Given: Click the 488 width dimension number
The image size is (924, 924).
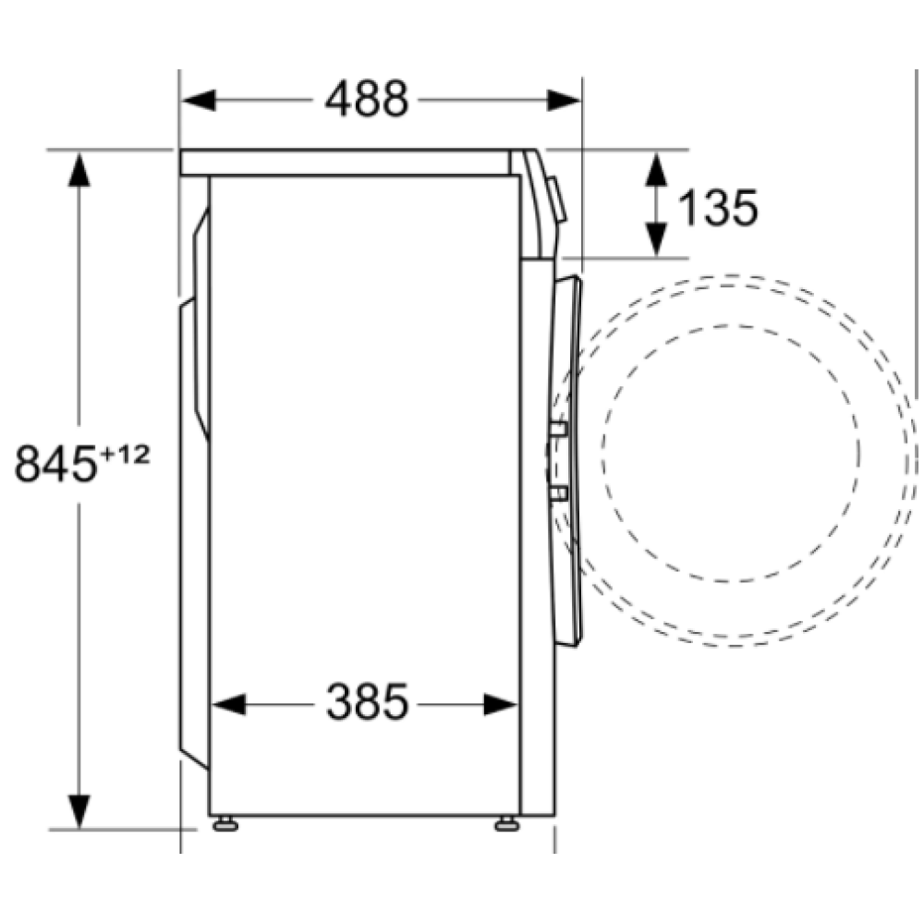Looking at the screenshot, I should click(x=366, y=99).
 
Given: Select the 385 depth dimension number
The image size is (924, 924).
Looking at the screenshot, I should click(x=366, y=704).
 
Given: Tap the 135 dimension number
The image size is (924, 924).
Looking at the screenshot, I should click(x=718, y=207).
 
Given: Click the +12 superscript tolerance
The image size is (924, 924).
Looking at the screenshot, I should click(x=124, y=453).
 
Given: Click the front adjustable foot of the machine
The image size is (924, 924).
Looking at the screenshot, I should click(x=506, y=823).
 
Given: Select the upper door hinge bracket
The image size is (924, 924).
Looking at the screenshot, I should click(x=557, y=429).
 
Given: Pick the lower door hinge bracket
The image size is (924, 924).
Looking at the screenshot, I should click(x=557, y=493).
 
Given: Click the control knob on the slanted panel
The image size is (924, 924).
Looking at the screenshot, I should click(x=558, y=200).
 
